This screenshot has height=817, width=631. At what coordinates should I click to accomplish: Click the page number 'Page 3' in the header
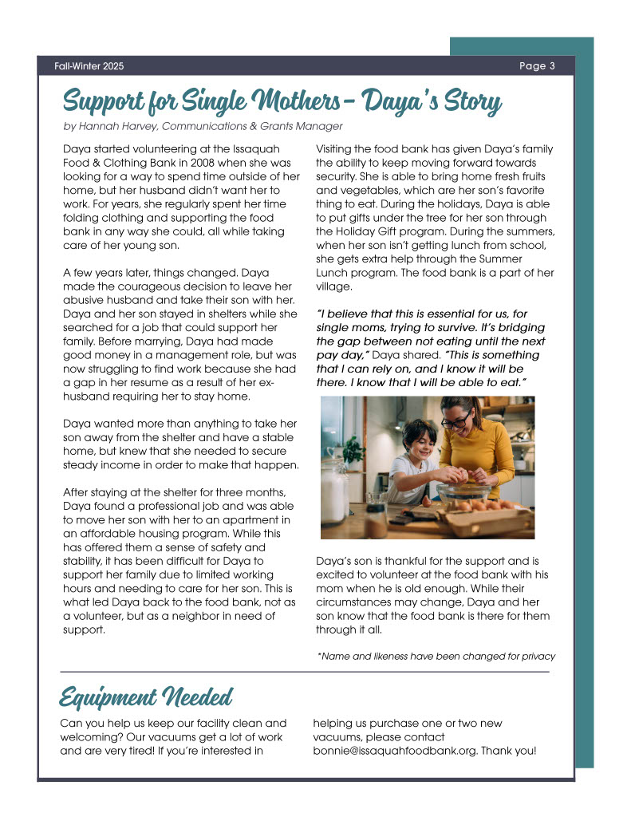point(536,66)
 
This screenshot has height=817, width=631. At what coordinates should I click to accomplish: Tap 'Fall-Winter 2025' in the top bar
point(89,66)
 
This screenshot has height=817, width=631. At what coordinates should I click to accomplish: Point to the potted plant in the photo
point(353,451)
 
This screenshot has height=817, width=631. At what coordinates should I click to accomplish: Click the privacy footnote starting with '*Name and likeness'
point(436,656)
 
